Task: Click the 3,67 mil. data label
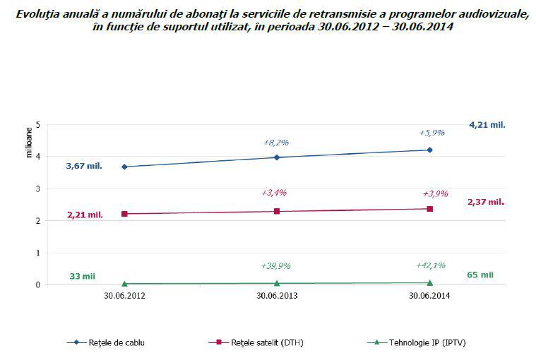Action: tap(84, 166)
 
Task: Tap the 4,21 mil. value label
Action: tap(487, 124)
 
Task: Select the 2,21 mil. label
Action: tap(84, 215)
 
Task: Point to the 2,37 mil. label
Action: tap(486, 202)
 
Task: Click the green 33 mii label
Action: tap(83, 275)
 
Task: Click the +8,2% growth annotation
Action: tap(276, 142)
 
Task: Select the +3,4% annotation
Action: tap(276, 192)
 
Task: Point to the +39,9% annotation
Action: tap(276, 266)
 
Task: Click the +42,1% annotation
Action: tap(429, 265)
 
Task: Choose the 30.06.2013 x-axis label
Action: tap(277, 297)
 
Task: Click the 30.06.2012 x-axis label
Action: tap(124, 297)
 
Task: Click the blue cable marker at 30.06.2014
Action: tap(429, 150)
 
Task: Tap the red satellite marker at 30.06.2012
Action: tap(124, 214)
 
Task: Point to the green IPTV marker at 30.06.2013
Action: tap(277, 283)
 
